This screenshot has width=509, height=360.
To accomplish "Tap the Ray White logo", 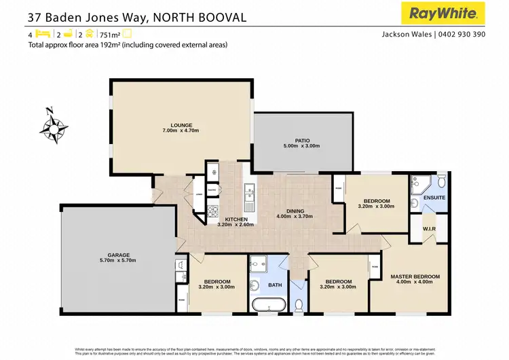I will coord(445,13).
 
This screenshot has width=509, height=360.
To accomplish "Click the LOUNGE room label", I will coord(181,125).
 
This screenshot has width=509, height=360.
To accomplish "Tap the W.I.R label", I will coord(429,228).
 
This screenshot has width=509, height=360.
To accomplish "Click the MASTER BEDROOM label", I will coord(415,276).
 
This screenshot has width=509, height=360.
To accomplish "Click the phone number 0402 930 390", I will coord(461,34).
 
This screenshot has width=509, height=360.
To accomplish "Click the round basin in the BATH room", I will coord(254,285).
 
